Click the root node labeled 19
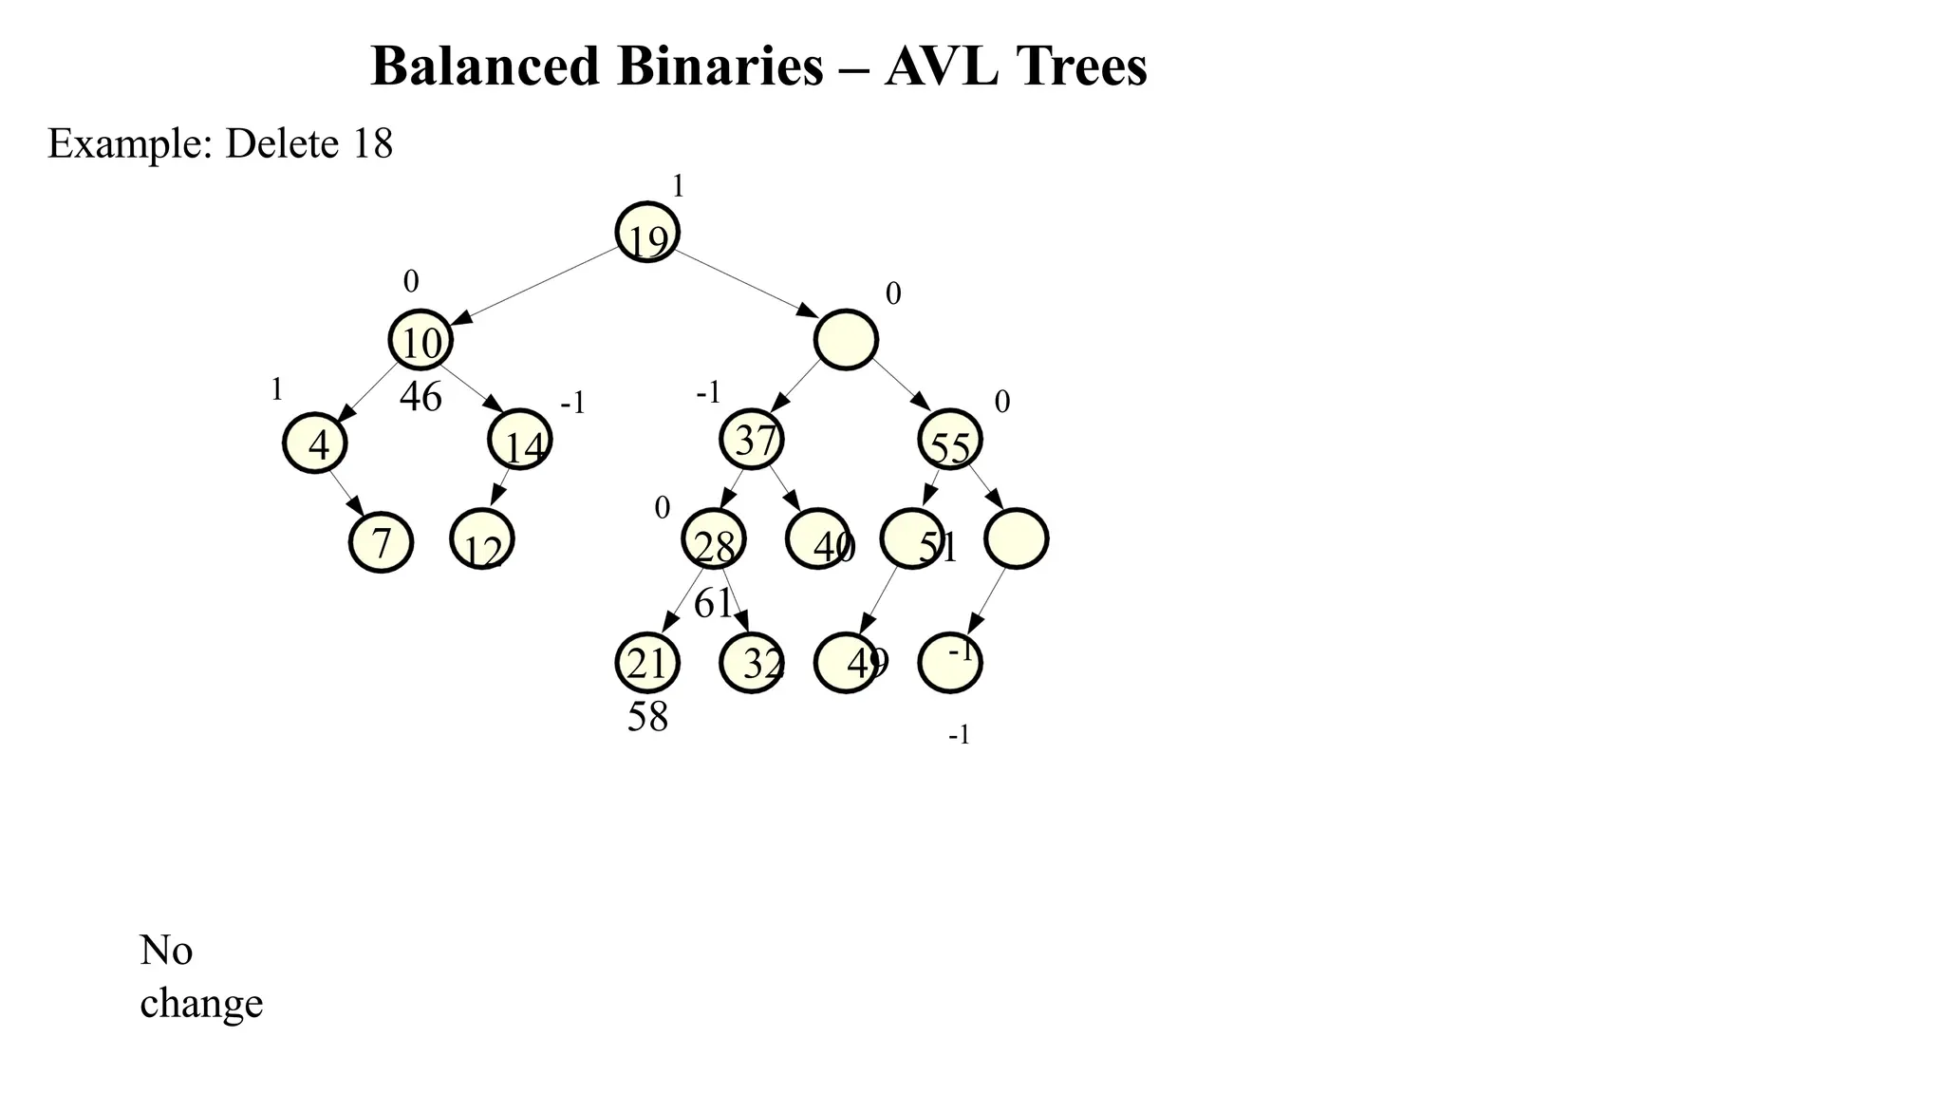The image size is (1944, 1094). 647,232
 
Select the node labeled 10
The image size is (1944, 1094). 421,340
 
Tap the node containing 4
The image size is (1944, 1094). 315,443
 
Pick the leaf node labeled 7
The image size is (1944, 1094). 381,541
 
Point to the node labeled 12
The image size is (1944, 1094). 482,539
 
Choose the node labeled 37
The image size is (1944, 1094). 752,439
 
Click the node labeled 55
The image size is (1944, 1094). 950,440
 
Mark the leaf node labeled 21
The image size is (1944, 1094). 647,663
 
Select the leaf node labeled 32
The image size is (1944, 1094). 752,663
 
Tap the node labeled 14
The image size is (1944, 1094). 520,440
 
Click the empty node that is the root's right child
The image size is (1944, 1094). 846,340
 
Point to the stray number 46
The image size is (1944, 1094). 421,397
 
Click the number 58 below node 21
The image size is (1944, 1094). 647,717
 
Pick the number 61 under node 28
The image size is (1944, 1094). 714,603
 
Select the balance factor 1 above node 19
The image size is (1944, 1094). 678,186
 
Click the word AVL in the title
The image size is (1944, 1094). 941,66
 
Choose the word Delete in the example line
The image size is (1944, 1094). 282,143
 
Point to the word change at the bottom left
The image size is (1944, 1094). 201,1004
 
